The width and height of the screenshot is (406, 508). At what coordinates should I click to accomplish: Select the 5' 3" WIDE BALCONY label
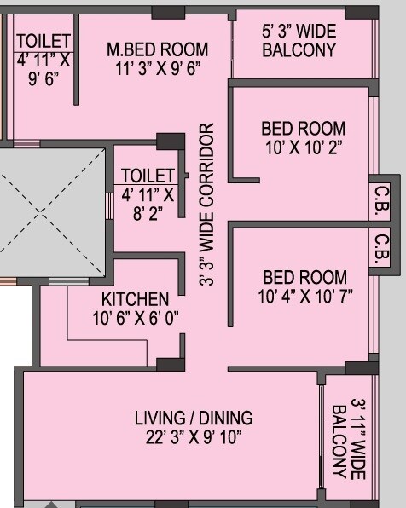299,41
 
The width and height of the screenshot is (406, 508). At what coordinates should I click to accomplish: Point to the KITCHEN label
135,299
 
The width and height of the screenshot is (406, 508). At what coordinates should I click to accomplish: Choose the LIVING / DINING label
194,418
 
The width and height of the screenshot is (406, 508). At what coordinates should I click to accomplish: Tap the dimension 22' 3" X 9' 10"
194,437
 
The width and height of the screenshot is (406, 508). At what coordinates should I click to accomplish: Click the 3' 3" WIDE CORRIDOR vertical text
206,205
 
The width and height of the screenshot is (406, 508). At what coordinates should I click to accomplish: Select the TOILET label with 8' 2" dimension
148,176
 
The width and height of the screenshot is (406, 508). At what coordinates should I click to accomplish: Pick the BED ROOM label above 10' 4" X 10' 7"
304,277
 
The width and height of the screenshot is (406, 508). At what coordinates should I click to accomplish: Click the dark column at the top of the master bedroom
169,12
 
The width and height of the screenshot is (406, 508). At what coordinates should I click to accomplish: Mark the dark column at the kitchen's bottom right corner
170,364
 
